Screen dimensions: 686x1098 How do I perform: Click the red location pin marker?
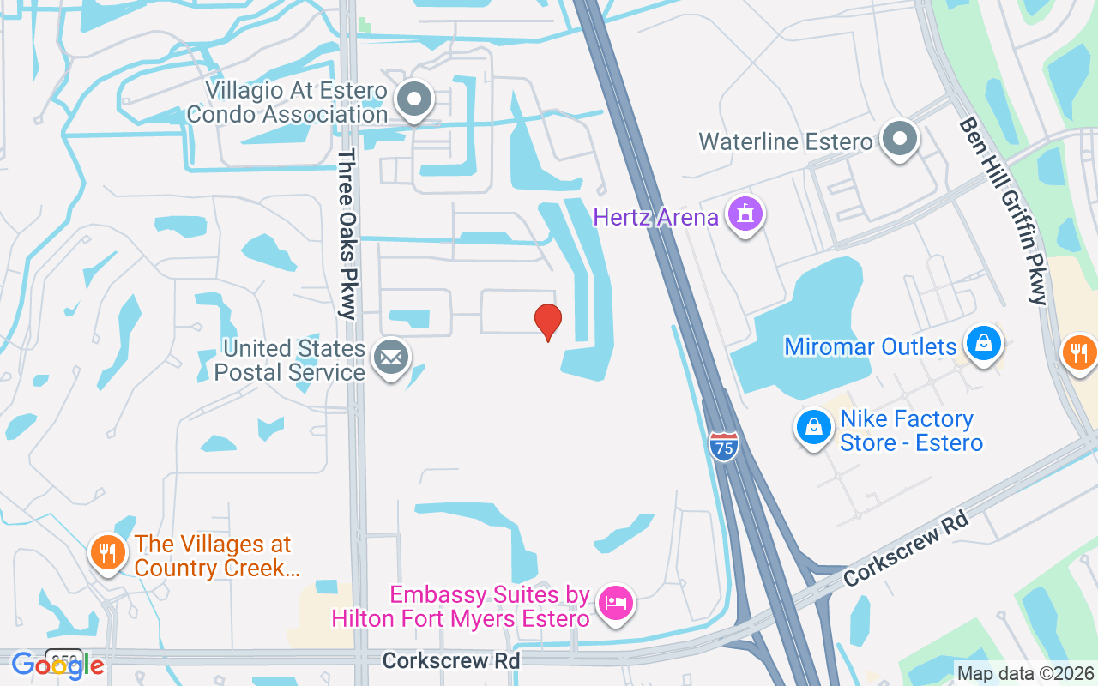click(548, 322)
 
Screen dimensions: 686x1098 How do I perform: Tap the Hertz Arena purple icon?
click(745, 214)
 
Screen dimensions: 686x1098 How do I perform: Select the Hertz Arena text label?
click(655, 217)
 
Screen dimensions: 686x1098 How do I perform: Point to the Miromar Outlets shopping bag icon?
click(983, 344)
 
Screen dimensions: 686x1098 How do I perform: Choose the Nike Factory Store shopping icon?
click(813, 427)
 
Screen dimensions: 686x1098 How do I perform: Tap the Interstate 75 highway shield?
click(724, 447)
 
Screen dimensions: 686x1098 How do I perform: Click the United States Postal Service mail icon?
click(391, 358)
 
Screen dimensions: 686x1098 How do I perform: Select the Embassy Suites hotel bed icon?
click(616, 603)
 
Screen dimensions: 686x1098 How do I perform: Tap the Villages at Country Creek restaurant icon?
click(107, 552)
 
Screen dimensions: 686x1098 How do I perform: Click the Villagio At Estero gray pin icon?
click(415, 99)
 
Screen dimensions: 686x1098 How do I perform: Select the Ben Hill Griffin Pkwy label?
click(1004, 210)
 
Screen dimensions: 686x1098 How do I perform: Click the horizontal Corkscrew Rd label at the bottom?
click(451, 661)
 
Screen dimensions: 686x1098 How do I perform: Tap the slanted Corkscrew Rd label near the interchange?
click(906, 549)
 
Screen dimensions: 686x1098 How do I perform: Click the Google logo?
click(57, 665)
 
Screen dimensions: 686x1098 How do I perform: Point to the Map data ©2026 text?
click(1025, 674)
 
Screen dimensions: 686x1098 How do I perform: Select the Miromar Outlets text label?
click(870, 347)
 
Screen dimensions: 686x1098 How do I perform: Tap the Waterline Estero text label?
click(785, 141)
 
